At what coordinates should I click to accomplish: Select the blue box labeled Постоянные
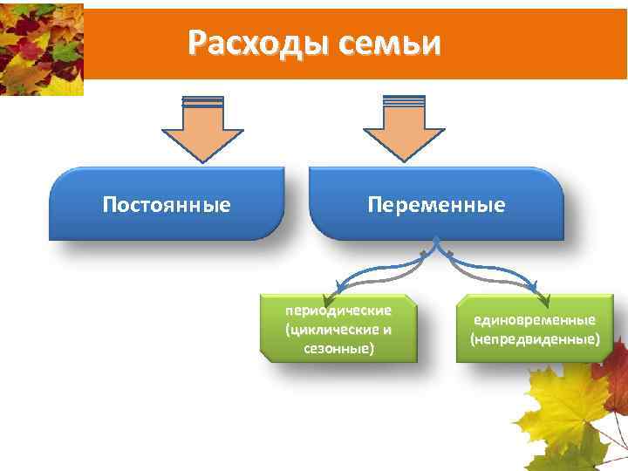click(167, 205)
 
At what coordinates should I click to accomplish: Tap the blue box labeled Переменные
click(436, 205)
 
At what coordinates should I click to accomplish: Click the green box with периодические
click(338, 329)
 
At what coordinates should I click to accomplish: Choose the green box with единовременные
click(534, 329)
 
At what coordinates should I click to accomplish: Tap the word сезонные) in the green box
click(338, 348)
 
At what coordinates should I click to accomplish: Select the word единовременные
click(535, 319)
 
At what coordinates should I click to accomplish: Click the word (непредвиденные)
click(535, 338)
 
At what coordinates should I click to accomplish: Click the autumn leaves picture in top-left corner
click(41, 48)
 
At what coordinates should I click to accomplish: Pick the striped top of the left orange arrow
click(203, 102)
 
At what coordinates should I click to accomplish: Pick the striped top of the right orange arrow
click(403, 102)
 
